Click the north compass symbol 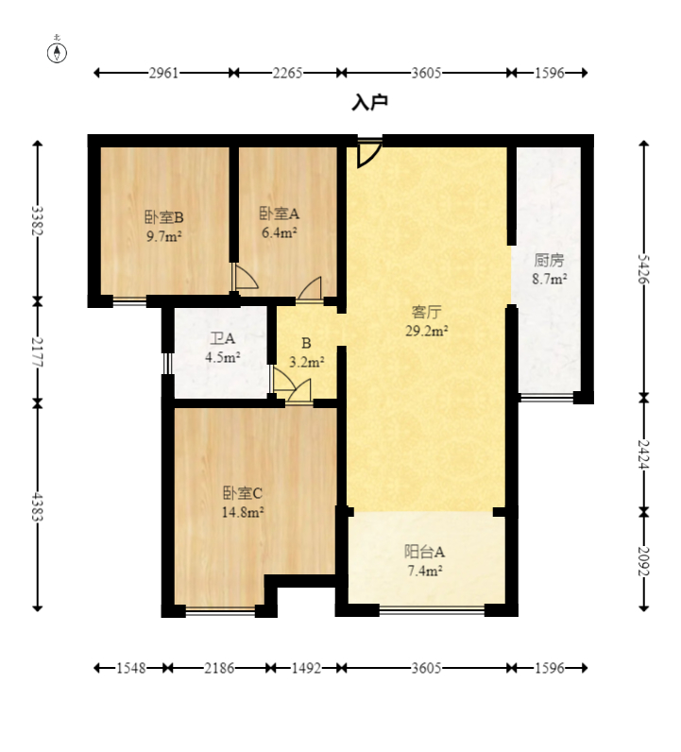point(57,52)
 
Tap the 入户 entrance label point(369,102)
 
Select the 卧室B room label point(164,217)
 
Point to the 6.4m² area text point(280,232)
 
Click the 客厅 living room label point(426,312)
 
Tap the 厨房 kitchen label point(549,261)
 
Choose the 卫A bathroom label point(223,338)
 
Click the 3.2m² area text point(306,362)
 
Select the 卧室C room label point(242,492)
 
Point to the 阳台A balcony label point(424,552)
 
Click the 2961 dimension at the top point(163,73)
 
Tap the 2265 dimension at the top point(287,73)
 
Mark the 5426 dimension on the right point(644,269)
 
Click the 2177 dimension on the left point(38,352)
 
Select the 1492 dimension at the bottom point(306,668)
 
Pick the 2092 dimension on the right point(644,561)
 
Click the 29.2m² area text point(427,331)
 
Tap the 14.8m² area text point(243,512)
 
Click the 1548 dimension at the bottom point(131,668)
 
